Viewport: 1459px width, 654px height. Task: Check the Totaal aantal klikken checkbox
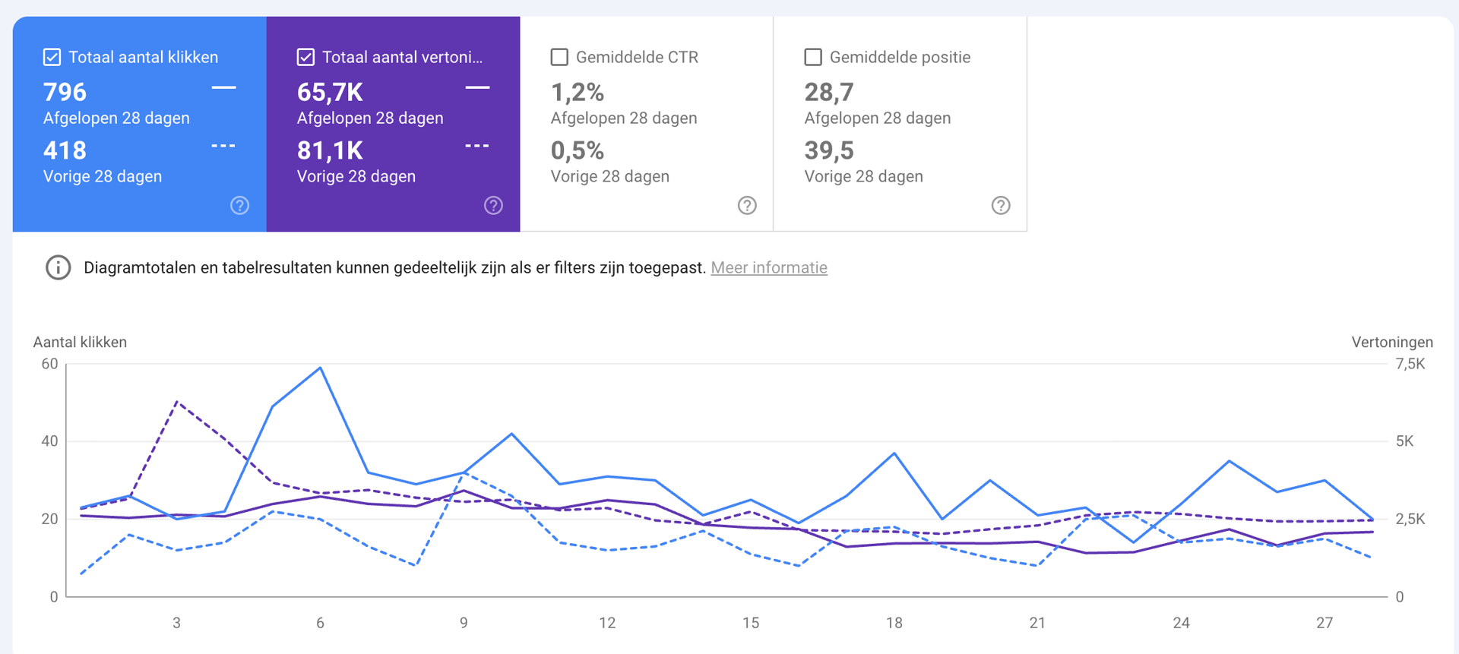(52, 57)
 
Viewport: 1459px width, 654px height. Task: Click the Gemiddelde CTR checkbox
(559, 57)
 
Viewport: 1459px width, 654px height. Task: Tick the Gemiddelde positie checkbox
(813, 57)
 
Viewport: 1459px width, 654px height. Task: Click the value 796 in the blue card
(65, 93)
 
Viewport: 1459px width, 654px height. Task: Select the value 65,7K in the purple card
(330, 93)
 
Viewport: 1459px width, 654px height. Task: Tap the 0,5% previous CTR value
(578, 150)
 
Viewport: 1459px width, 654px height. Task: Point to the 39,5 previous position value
(829, 150)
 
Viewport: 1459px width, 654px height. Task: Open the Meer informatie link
(768, 267)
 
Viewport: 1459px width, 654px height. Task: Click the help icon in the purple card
(493, 205)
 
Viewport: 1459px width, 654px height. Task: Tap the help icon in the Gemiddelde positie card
(1001, 205)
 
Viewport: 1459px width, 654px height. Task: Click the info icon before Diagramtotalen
(59, 267)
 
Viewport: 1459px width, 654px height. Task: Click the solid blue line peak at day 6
(321, 368)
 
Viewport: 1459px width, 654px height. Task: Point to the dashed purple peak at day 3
(177, 402)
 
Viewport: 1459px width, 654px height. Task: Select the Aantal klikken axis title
(80, 342)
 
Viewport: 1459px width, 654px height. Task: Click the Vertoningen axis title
(1391, 342)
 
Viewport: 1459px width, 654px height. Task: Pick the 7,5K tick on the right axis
(1410, 364)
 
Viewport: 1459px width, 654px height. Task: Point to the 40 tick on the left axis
(49, 441)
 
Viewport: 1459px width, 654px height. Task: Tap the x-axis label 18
(894, 623)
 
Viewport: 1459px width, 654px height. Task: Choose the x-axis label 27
(1324, 623)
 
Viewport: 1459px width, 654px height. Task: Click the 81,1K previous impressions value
(330, 150)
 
